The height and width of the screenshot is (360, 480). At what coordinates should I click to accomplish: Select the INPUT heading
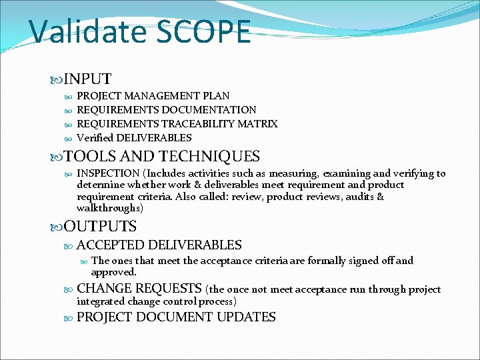coord(87,79)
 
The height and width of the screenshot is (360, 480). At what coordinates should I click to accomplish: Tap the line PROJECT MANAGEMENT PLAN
coord(153,96)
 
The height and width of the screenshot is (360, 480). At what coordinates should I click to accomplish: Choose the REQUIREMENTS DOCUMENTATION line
coord(166,110)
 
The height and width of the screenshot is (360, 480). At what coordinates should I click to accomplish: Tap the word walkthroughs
coord(109,208)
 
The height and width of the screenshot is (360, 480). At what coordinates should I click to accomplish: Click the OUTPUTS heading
coord(100,227)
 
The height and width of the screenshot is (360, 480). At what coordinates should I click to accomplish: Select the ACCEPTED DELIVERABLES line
coord(159,245)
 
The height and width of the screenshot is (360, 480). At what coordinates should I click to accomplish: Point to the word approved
coord(113,272)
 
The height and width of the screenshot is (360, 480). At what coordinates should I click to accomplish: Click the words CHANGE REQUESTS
coord(139,289)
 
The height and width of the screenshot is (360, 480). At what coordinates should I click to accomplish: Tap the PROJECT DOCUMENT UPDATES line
coord(176,317)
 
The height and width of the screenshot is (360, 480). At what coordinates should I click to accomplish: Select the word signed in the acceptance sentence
coord(364,261)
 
